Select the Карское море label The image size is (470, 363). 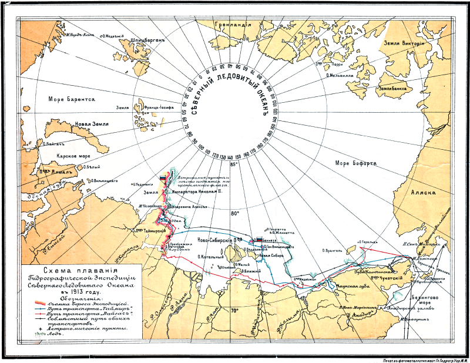[73, 157]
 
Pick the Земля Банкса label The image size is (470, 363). [392, 89]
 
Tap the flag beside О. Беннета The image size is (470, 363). [258, 241]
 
